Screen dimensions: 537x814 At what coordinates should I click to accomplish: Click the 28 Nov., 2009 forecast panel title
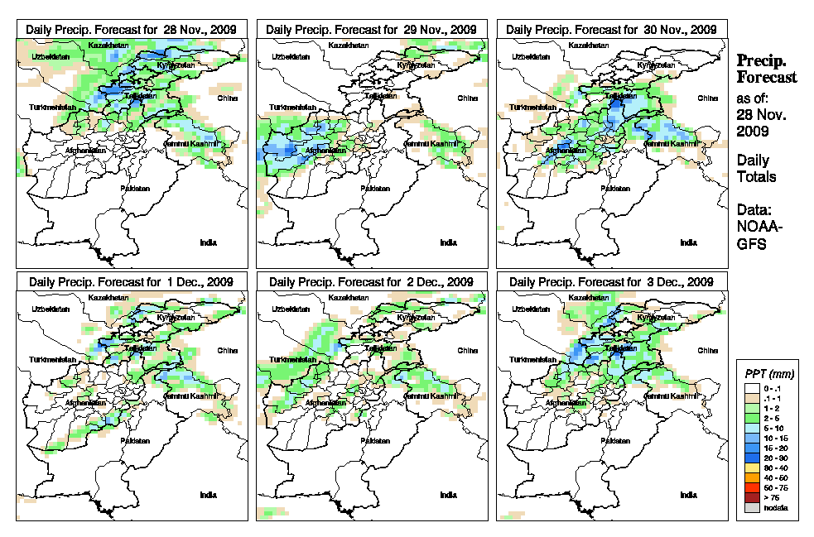point(131,29)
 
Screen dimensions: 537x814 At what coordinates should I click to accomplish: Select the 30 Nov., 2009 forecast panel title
point(611,29)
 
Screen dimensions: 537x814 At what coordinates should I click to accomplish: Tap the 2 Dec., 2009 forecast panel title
point(371,281)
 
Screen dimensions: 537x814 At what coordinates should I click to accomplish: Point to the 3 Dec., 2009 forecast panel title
point(611,281)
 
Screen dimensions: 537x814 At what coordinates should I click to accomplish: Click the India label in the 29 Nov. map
point(448,242)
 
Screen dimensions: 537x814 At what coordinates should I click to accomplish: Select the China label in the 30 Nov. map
point(707,98)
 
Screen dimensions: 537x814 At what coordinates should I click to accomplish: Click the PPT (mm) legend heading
point(766,374)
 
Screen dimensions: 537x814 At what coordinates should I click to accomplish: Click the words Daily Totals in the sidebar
point(756,168)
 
